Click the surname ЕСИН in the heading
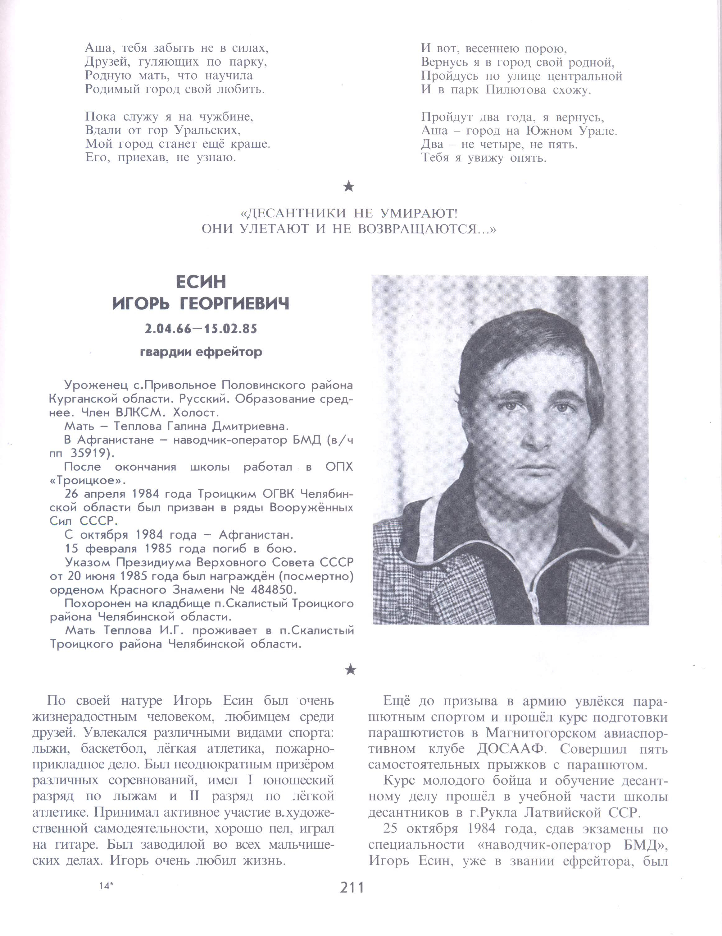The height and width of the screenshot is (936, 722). point(201,282)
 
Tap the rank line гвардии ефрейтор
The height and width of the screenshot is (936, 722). point(201,352)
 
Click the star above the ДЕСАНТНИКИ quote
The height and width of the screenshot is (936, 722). point(349,186)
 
